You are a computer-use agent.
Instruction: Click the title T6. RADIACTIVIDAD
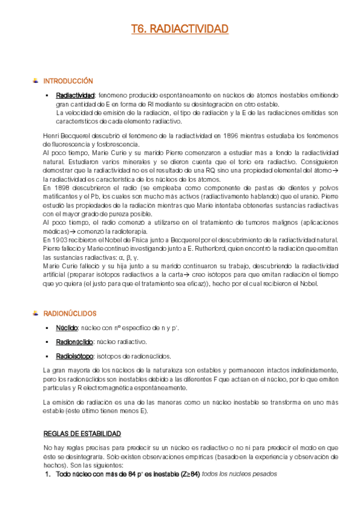(x=180, y=29)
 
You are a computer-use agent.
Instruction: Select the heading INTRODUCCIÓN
(x=69, y=81)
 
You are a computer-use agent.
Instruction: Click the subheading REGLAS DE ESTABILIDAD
(x=82, y=433)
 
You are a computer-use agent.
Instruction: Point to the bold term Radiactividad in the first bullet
(x=75, y=96)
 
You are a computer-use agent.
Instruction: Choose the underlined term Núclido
(x=66, y=328)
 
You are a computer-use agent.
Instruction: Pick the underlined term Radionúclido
(x=75, y=342)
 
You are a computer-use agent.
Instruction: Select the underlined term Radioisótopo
(x=74, y=355)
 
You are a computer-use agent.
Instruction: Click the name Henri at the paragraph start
(x=53, y=135)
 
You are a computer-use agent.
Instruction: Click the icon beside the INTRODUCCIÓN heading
(x=36, y=81)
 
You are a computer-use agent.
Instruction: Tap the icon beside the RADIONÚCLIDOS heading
(x=36, y=313)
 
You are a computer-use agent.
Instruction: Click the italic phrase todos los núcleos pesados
(x=239, y=474)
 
